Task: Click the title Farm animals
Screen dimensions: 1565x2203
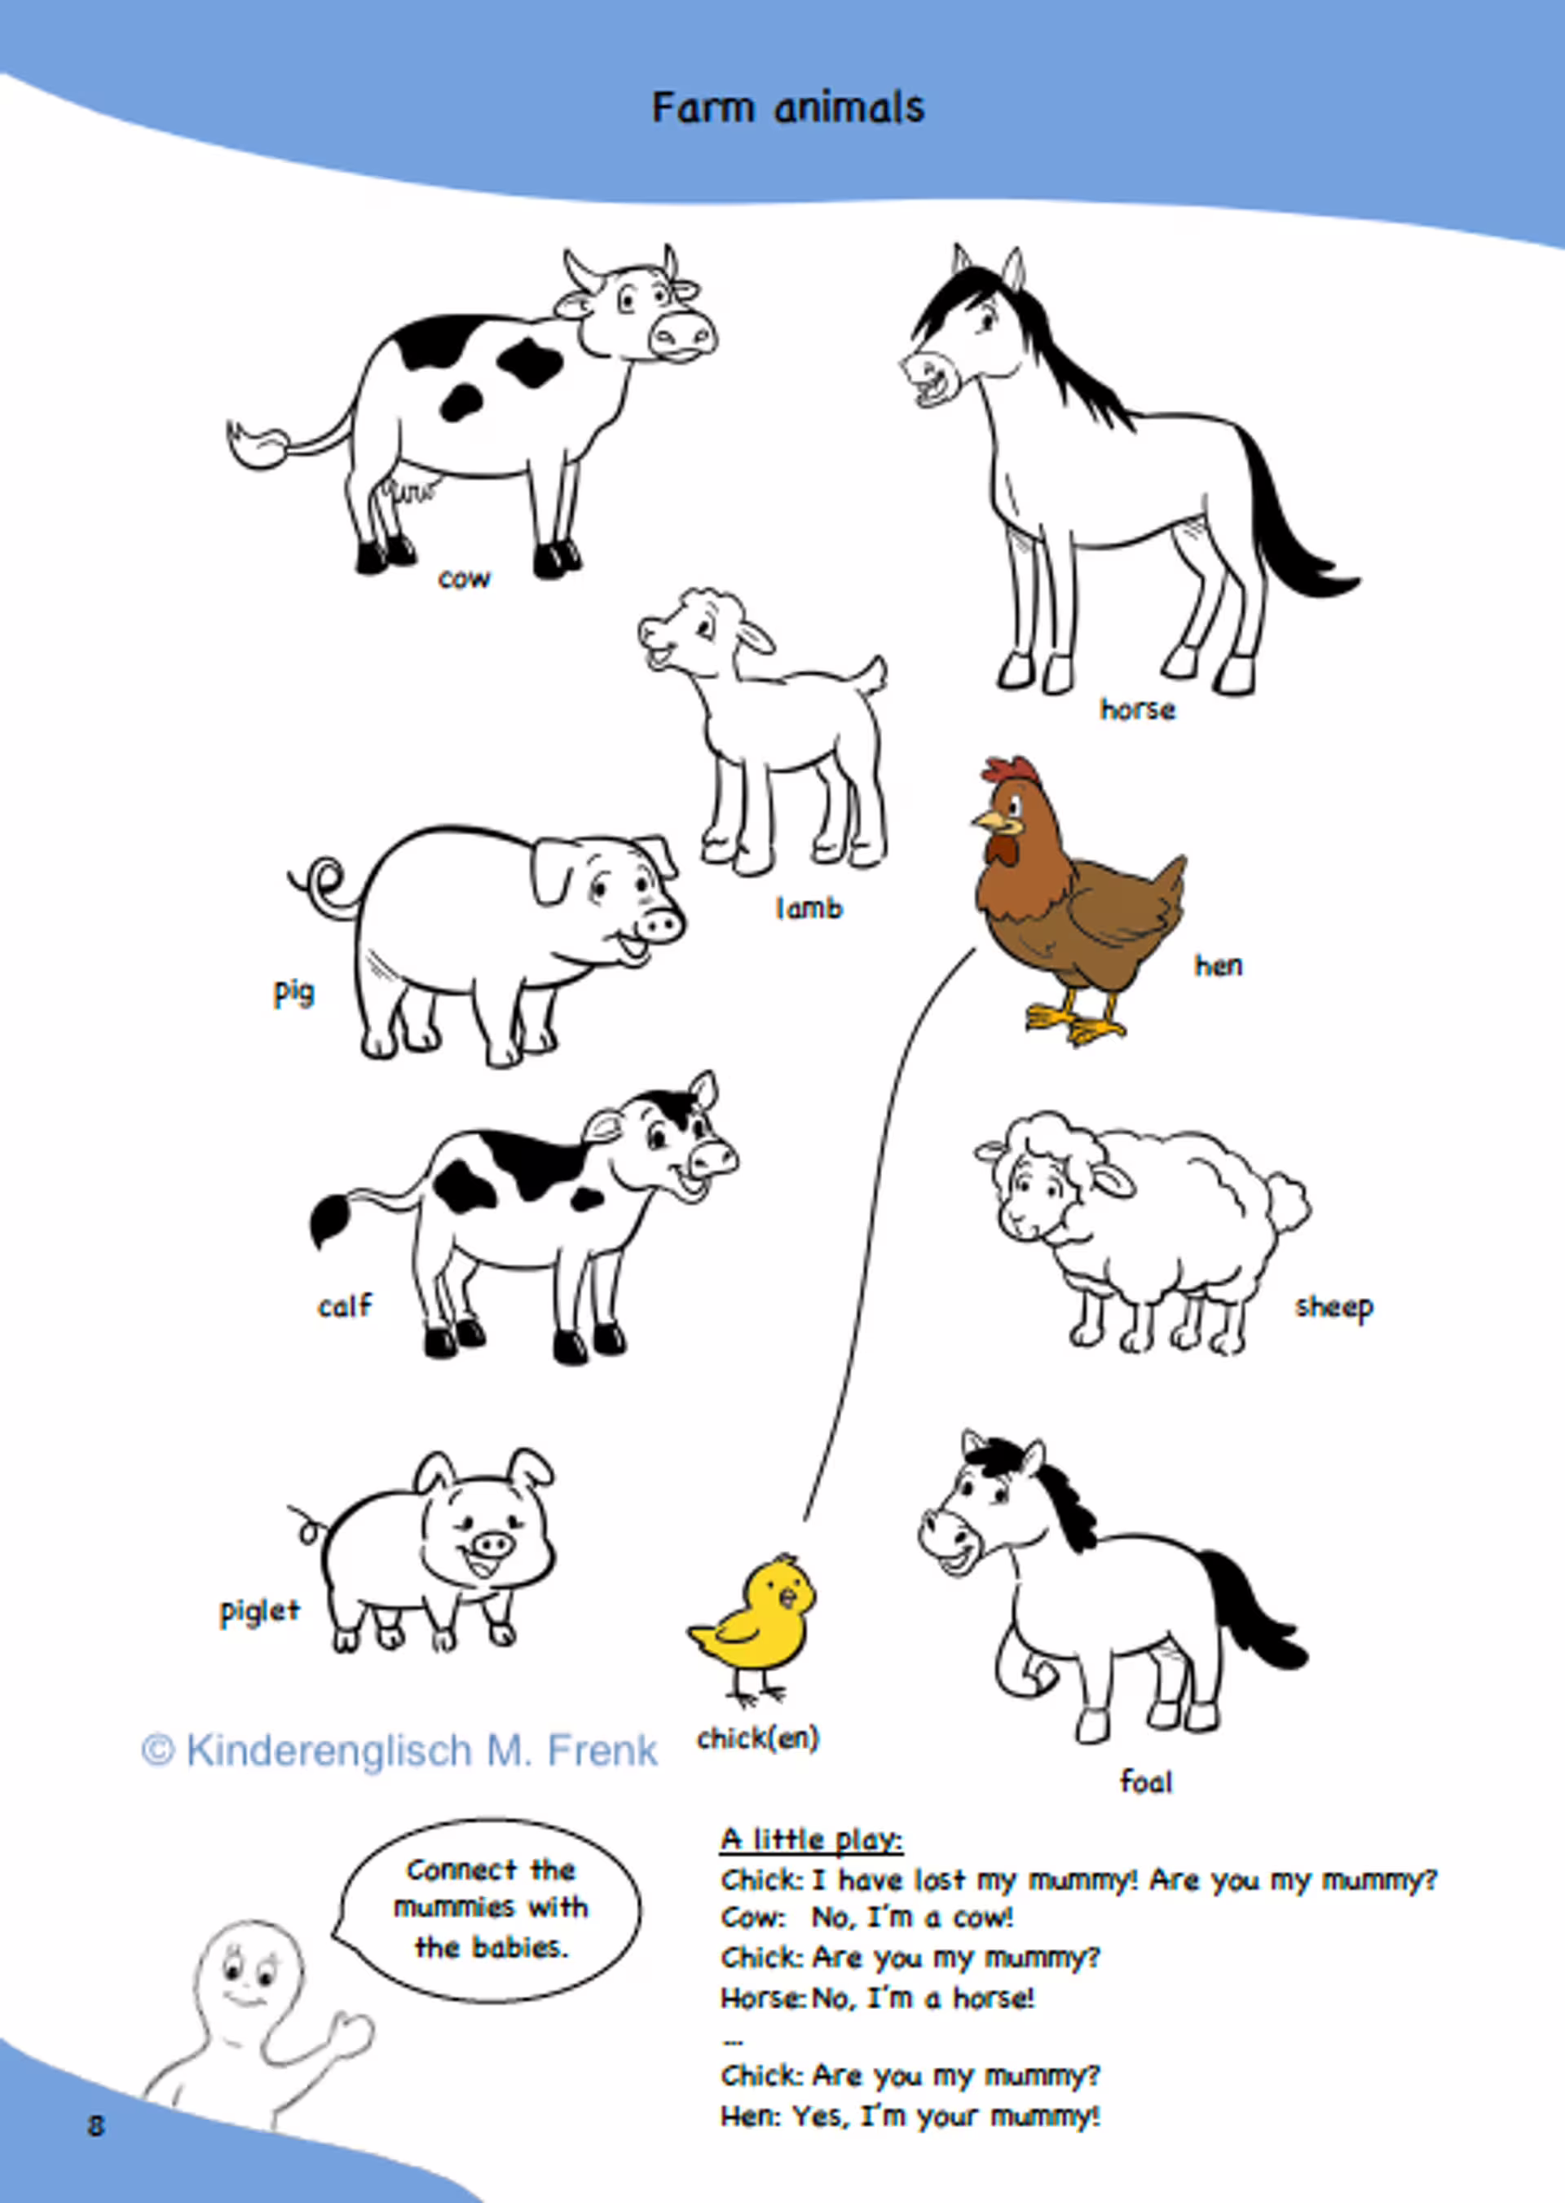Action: [x=787, y=107]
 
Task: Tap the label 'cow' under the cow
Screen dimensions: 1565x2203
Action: [x=465, y=579]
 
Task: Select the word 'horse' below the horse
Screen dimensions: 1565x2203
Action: [x=1137, y=709]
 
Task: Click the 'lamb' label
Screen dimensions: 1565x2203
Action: [x=809, y=907]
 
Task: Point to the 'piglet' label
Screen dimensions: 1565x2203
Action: [x=259, y=1612]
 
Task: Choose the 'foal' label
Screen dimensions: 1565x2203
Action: [x=1146, y=1781]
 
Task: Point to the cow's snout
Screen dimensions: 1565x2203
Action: [x=682, y=335]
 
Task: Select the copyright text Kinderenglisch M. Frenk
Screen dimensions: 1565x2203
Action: [x=399, y=1749]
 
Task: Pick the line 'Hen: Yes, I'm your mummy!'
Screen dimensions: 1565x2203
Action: [x=910, y=2117]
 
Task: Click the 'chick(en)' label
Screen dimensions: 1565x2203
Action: [x=757, y=1737]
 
